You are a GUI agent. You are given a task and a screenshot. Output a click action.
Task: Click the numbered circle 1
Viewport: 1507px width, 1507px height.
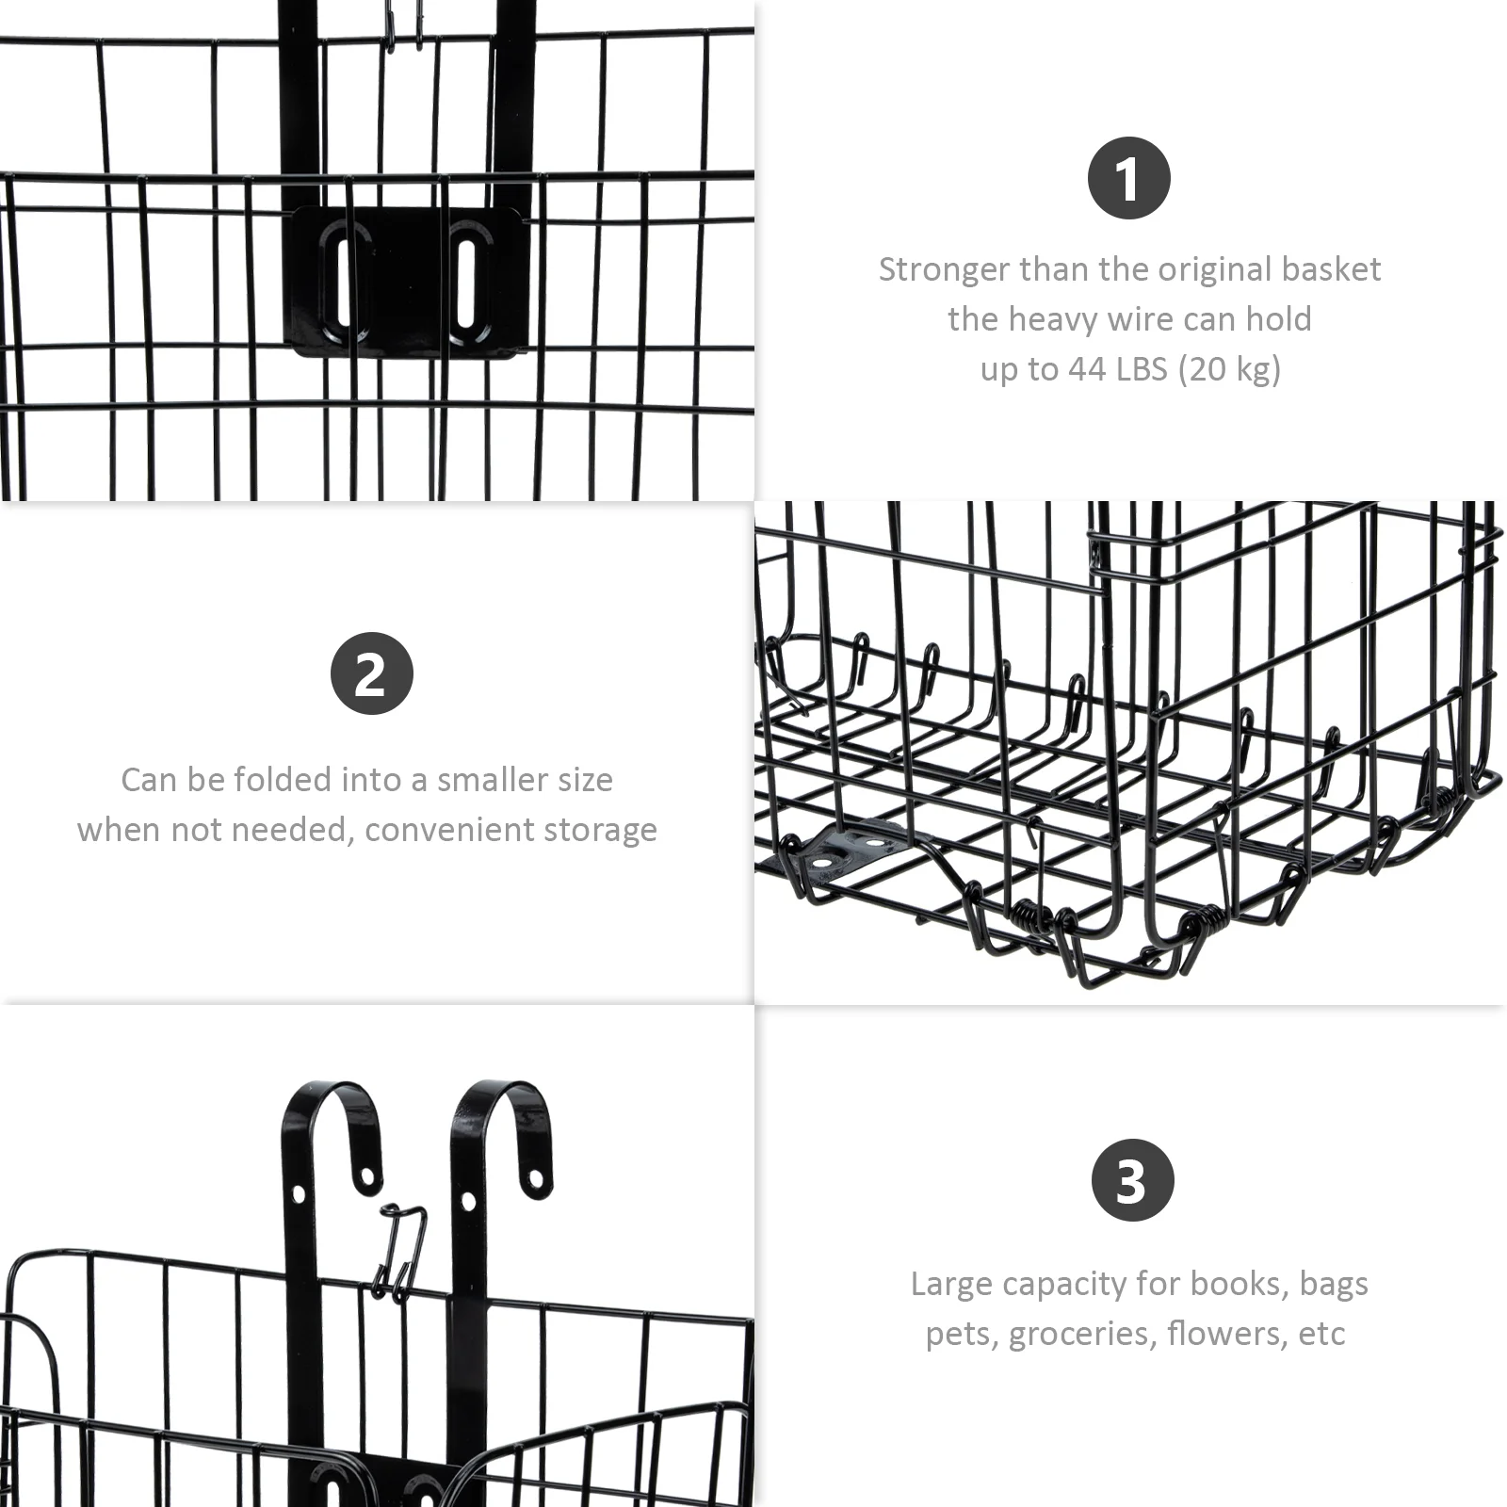(x=1128, y=178)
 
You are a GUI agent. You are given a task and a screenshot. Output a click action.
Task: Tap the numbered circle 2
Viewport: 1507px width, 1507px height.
(x=372, y=673)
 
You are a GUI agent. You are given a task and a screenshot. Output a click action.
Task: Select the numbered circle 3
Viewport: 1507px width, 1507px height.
(x=1132, y=1180)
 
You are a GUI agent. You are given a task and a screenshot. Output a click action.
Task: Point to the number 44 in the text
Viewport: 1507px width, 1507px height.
(x=1087, y=368)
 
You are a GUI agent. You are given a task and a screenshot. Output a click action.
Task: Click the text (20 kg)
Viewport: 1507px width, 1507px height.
(x=1229, y=369)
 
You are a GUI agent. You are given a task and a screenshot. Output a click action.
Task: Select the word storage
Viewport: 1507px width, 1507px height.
(x=606, y=831)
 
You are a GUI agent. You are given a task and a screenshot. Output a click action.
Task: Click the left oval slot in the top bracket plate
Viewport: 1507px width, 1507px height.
(x=339, y=282)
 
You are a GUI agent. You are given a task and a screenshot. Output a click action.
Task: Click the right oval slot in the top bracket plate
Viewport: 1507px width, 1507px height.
(x=465, y=280)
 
